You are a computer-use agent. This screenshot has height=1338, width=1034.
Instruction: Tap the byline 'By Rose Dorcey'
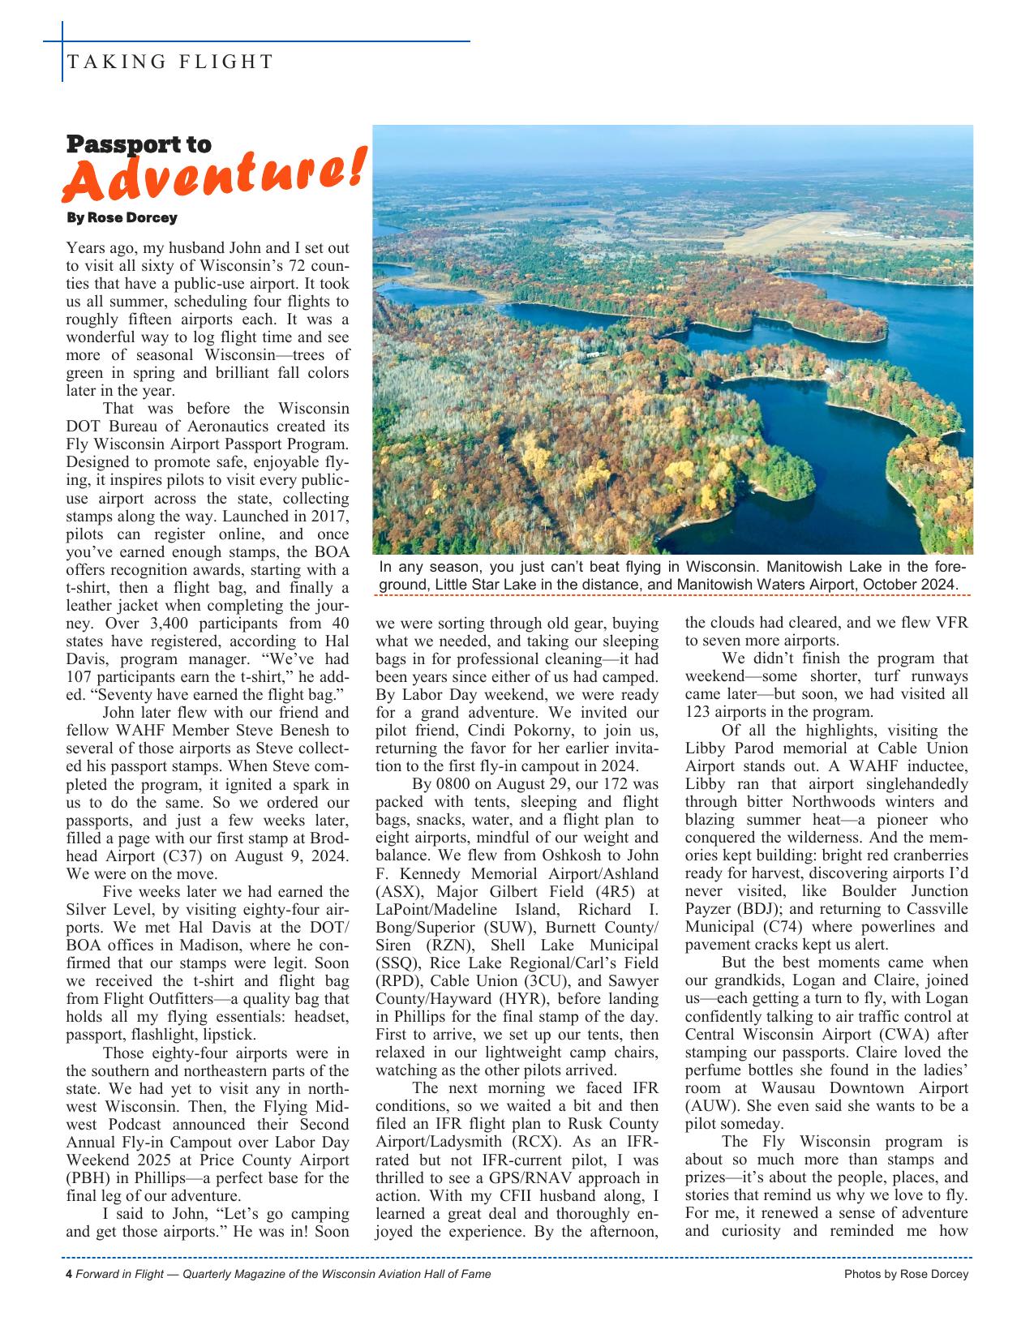click(x=122, y=217)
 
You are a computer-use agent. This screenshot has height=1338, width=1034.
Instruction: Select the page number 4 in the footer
click(x=69, y=1274)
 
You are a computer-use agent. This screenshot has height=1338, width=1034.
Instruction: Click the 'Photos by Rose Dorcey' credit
click(x=906, y=1274)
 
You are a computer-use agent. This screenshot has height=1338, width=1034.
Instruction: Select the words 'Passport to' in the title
click(x=138, y=144)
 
